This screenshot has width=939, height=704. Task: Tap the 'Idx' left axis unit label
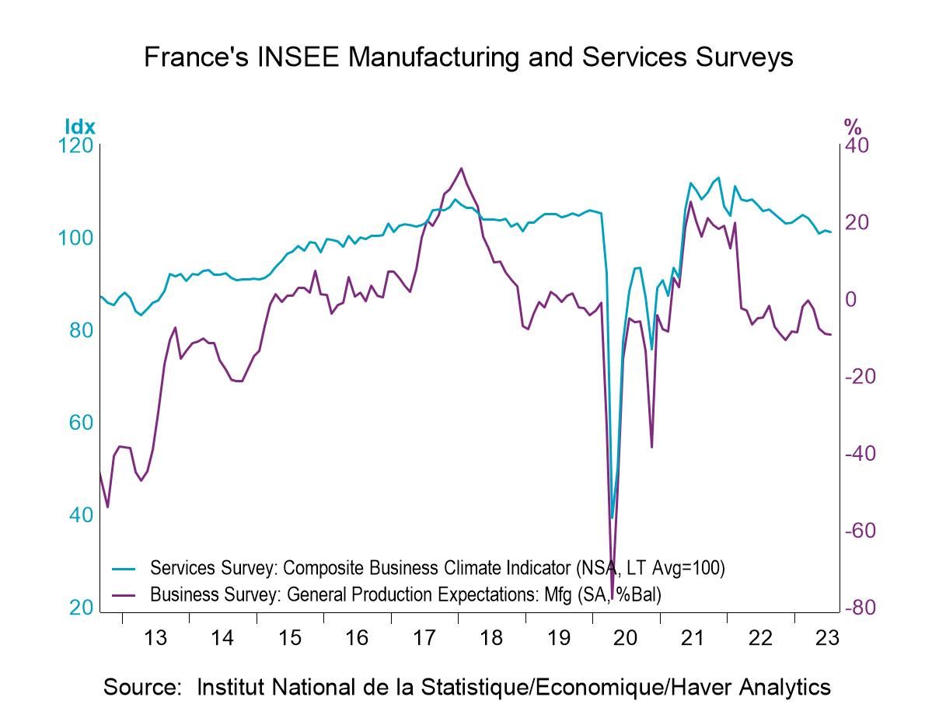(x=80, y=127)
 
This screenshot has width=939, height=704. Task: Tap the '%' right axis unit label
(x=853, y=127)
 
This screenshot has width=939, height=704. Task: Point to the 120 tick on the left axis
(x=75, y=146)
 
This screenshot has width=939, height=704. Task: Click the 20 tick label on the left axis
(x=80, y=608)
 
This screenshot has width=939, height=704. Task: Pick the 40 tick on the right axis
(x=858, y=146)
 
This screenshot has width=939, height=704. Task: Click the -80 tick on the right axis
(x=861, y=608)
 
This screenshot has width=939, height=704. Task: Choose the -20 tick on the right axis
(x=861, y=377)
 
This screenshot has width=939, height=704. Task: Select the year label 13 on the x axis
(x=155, y=638)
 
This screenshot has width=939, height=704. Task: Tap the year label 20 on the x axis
(x=626, y=638)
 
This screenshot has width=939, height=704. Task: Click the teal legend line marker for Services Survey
(x=124, y=568)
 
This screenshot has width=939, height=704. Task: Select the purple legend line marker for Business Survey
(x=124, y=595)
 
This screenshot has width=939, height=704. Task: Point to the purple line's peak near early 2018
(x=462, y=168)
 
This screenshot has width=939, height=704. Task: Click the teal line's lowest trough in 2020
(x=612, y=518)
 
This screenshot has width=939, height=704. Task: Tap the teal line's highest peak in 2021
(x=717, y=178)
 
